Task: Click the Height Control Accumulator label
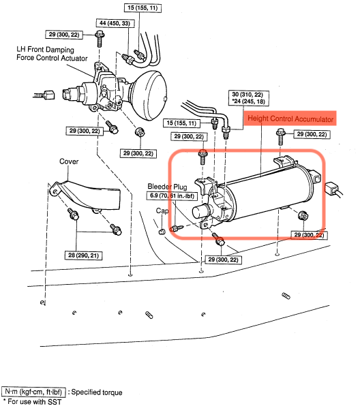pos(290,119)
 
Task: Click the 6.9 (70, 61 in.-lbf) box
pos(172,196)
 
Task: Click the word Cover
pos(69,161)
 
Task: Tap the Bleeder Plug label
pos(167,187)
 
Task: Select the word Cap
pos(162,211)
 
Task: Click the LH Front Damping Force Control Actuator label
pos(52,54)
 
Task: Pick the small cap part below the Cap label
pos(162,231)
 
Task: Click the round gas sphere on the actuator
pos(150,96)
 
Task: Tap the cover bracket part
pos(85,196)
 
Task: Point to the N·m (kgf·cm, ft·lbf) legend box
pos(33,392)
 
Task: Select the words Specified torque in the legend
pos(97,392)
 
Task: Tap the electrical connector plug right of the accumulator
pos(332,188)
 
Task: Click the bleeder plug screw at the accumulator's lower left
pos(176,228)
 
